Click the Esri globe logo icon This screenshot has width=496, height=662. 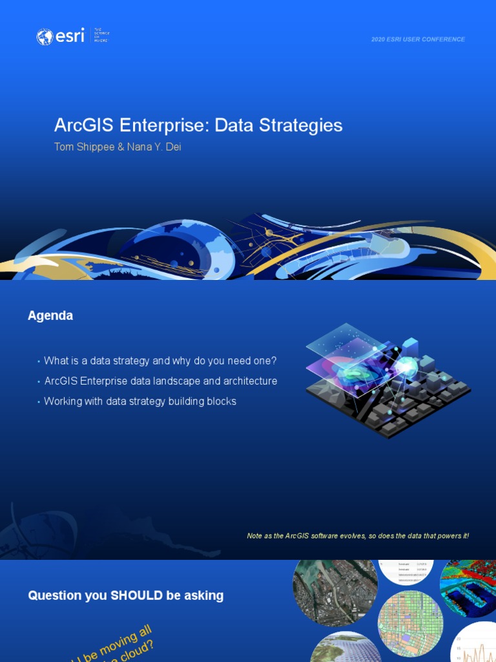(x=45, y=37)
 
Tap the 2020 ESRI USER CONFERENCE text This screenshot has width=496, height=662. (x=418, y=39)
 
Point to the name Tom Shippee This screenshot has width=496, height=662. (x=82, y=147)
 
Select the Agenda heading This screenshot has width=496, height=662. (x=50, y=315)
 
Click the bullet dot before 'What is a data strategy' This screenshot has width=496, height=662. (x=39, y=361)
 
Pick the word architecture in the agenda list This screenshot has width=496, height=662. (x=249, y=381)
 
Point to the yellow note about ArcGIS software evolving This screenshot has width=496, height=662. (x=358, y=536)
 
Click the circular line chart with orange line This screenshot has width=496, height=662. (x=475, y=644)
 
